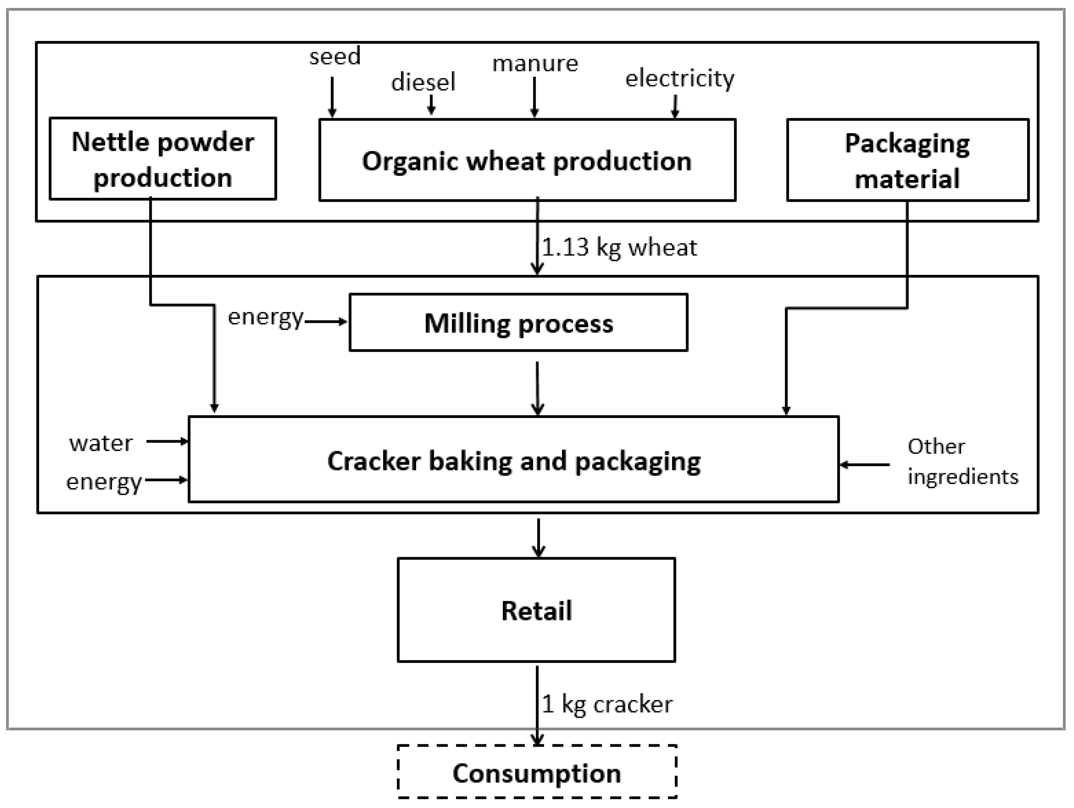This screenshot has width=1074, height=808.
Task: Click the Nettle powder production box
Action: click(163, 159)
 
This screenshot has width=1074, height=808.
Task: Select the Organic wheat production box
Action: click(527, 160)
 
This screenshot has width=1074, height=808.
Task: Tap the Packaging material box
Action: click(907, 160)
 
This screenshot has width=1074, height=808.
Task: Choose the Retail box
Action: click(536, 610)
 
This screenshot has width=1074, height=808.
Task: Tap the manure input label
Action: click(535, 64)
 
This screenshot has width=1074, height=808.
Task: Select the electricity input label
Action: click(679, 79)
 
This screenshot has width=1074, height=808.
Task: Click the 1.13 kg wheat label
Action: click(619, 247)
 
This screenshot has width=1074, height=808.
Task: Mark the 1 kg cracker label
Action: click(607, 704)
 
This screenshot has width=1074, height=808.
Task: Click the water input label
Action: click(101, 443)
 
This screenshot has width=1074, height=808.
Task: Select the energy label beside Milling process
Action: click(265, 318)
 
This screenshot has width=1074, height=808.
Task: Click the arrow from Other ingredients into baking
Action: click(865, 465)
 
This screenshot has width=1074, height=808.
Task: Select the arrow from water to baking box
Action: click(167, 441)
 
